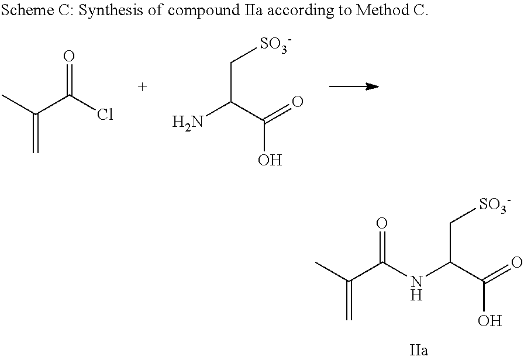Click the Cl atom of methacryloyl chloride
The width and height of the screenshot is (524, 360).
coord(105,115)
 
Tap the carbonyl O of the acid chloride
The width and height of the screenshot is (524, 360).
coord(69,56)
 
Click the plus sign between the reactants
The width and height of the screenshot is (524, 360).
coord(142,87)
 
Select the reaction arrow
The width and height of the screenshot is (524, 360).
coord(354,86)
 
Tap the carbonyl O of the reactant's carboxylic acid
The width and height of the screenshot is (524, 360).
coord(297,102)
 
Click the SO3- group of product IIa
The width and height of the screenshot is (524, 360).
coord(494,205)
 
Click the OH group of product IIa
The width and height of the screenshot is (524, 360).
coord(489,320)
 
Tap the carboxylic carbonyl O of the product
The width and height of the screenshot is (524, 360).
coord(517,262)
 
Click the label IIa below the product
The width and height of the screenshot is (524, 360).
coord(418,350)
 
